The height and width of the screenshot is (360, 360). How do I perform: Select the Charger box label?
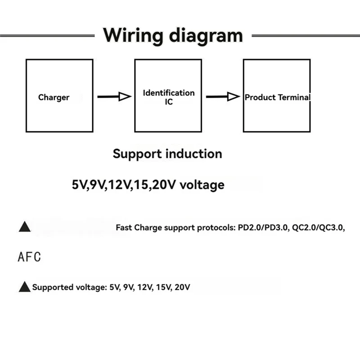point(54,97)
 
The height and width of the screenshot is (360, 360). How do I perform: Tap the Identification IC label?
point(169,97)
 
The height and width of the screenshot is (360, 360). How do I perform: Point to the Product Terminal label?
point(277,97)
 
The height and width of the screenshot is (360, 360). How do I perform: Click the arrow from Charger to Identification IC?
point(114,96)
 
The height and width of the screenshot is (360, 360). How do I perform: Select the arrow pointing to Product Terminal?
point(223,96)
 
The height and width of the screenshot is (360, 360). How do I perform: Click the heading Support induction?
point(167,153)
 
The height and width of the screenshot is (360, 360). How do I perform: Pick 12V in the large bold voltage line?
point(119,184)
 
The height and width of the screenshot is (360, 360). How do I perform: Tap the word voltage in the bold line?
point(202,184)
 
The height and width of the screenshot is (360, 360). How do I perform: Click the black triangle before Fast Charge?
point(25,227)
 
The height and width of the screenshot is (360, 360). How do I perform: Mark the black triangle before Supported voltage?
point(24,286)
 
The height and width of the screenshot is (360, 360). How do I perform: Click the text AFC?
point(29,257)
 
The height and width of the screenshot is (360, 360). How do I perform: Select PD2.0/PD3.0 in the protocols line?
point(262,228)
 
